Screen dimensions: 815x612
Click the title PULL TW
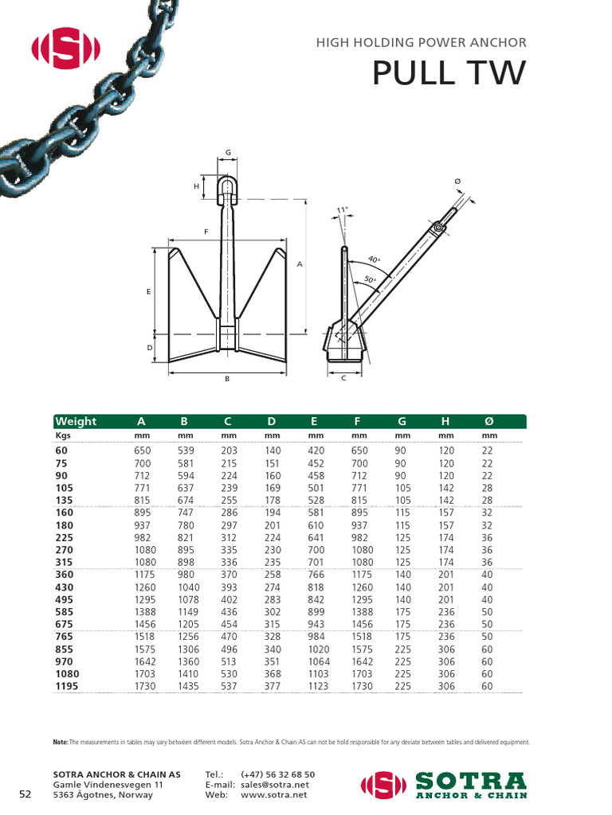point(449,72)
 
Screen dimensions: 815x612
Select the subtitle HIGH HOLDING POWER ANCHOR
point(421,43)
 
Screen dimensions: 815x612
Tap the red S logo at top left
point(65,49)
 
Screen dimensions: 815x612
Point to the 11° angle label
point(342,210)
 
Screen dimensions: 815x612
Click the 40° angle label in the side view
point(374,259)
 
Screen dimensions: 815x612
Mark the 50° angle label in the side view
point(369,279)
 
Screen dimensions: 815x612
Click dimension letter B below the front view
point(227,379)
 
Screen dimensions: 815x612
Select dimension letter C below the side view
point(343,378)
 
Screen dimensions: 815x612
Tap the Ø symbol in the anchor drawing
point(457,182)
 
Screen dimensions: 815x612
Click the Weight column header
point(76,421)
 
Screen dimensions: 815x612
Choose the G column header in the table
point(401,421)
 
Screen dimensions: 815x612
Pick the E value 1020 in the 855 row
point(317,650)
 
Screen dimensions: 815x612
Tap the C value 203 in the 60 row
point(229,450)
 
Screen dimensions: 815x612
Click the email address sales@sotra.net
point(275,784)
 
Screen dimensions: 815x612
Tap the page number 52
point(25,794)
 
